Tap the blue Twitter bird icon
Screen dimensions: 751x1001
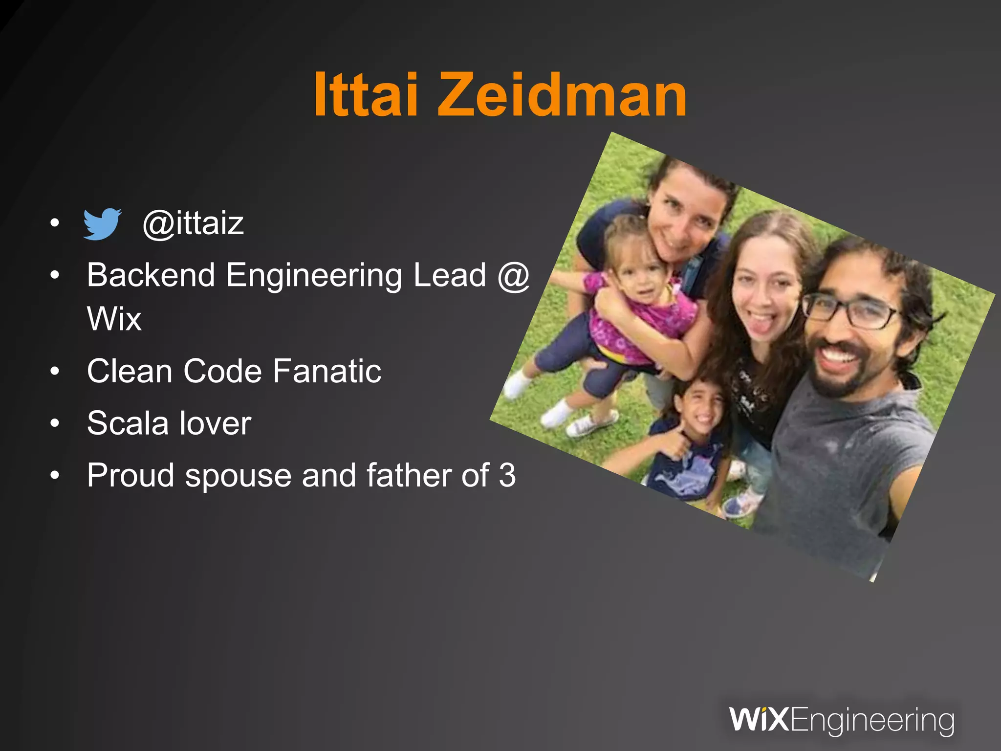102,224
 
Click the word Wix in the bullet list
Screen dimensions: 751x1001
114,319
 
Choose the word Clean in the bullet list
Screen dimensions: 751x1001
130,371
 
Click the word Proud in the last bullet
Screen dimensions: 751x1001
131,475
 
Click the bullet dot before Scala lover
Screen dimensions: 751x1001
55,423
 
